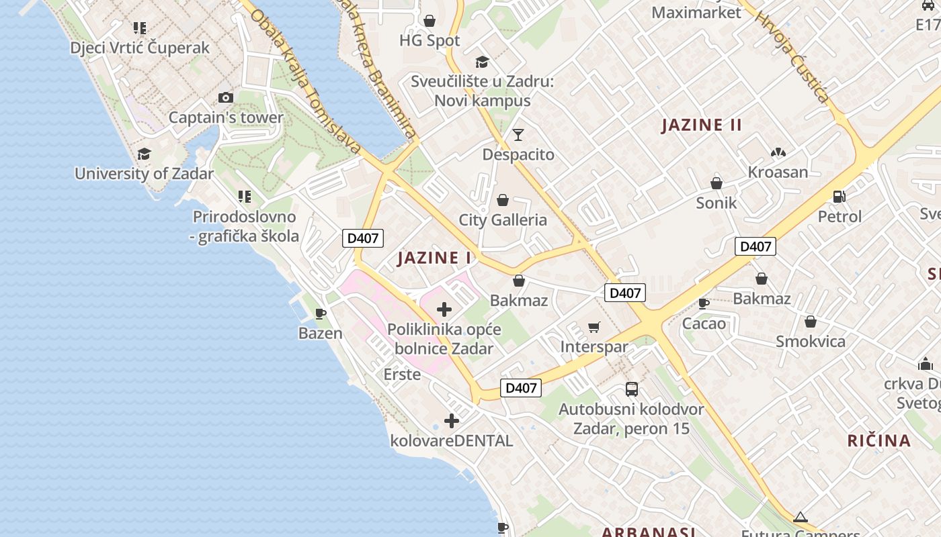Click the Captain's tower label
(x=226, y=117)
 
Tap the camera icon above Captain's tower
(x=226, y=98)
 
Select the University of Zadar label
(x=144, y=173)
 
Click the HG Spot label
(x=429, y=40)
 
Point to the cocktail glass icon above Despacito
(x=518, y=135)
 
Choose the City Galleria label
(x=503, y=220)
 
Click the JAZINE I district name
(x=434, y=258)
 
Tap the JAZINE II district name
(x=702, y=125)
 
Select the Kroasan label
(x=778, y=172)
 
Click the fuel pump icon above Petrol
(x=839, y=197)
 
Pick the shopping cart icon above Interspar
(x=594, y=327)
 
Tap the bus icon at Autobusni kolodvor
(x=631, y=389)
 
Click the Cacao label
(x=704, y=324)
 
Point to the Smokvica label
(x=811, y=341)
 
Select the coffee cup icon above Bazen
(x=321, y=313)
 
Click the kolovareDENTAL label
(x=452, y=441)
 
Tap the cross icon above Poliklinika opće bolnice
(x=444, y=309)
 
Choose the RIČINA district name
(x=878, y=440)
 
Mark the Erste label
(x=402, y=374)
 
